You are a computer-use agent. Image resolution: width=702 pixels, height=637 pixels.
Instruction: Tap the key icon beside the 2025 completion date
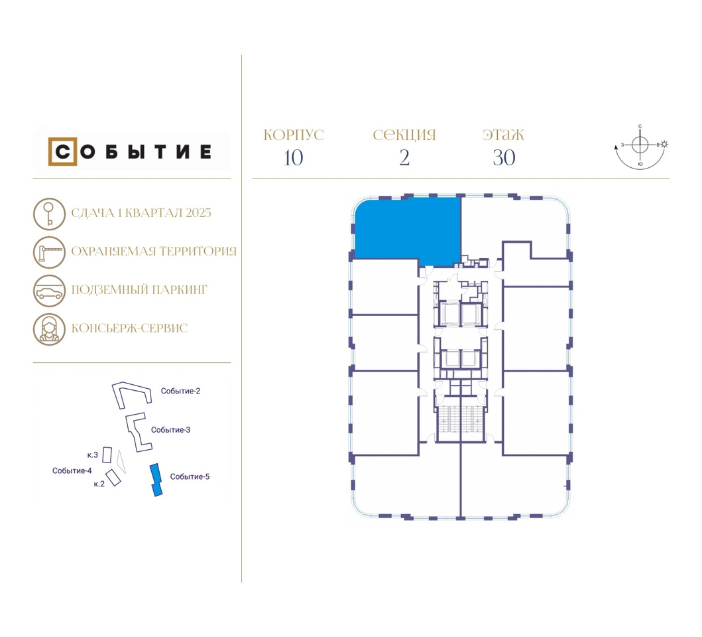click(x=49, y=214)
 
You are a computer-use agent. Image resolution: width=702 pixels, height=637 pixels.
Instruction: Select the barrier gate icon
click(x=49, y=252)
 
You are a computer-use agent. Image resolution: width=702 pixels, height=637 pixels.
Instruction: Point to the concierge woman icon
click(x=49, y=330)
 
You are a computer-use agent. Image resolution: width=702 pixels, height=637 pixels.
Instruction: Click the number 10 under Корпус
click(x=293, y=158)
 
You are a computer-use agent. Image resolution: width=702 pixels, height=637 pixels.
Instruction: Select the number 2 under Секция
click(x=404, y=158)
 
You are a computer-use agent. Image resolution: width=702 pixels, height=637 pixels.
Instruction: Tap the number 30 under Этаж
click(x=504, y=158)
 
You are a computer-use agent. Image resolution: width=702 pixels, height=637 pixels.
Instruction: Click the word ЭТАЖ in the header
click(x=503, y=135)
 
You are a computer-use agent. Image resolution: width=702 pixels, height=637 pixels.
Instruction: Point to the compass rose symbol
click(x=640, y=145)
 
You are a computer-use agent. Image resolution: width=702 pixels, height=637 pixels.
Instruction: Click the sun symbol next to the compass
click(x=664, y=145)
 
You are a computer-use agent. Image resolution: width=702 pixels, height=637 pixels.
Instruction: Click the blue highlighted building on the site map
click(x=156, y=480)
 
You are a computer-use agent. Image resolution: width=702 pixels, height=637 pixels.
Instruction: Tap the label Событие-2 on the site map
click(x=180, y=391)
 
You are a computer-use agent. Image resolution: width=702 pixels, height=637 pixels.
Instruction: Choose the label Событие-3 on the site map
click(x=170, y=430)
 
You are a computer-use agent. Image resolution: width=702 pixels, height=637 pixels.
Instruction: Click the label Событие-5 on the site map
click(x=190, y=476)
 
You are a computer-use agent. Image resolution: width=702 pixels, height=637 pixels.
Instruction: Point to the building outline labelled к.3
click(x=107, y=455)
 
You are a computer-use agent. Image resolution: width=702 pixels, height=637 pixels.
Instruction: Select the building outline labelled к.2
click(x=113, y=478)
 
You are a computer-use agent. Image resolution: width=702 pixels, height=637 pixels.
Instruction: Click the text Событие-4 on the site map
click(x=72, y=470)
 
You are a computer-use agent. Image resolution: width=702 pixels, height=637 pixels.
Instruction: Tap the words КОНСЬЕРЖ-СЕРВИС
click(x=129, y=328)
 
